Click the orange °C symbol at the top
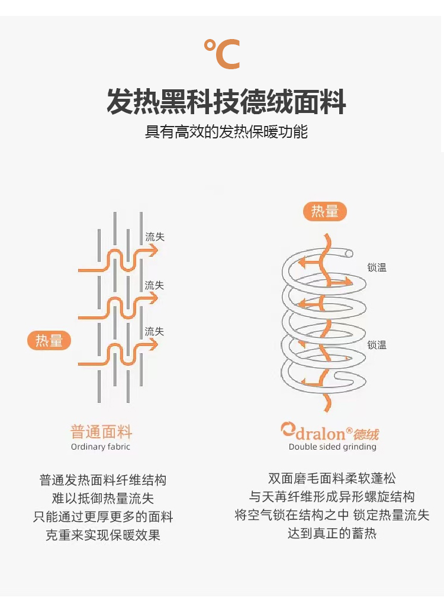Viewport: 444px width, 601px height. pos(222,54)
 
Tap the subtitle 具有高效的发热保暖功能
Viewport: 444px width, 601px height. pos(227,131)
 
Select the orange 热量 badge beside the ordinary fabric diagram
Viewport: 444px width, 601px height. pos(49,341)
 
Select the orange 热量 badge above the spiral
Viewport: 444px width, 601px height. pos(325,211)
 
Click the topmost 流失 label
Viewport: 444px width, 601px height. pos(155,237)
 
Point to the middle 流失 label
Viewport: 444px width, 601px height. pos(155,285)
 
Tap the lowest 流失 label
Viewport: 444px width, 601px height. pos(155,331)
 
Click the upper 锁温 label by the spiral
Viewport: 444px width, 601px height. pos(377,267)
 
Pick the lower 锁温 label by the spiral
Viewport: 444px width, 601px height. pos(377,344)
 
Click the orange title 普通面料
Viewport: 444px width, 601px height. pos(101,431)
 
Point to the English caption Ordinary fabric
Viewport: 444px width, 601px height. pos(101,447)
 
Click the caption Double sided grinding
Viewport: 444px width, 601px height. pos(332,447)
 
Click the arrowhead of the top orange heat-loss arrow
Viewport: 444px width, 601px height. pos(155,250)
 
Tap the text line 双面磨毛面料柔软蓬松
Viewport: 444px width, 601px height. pos(332,479)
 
